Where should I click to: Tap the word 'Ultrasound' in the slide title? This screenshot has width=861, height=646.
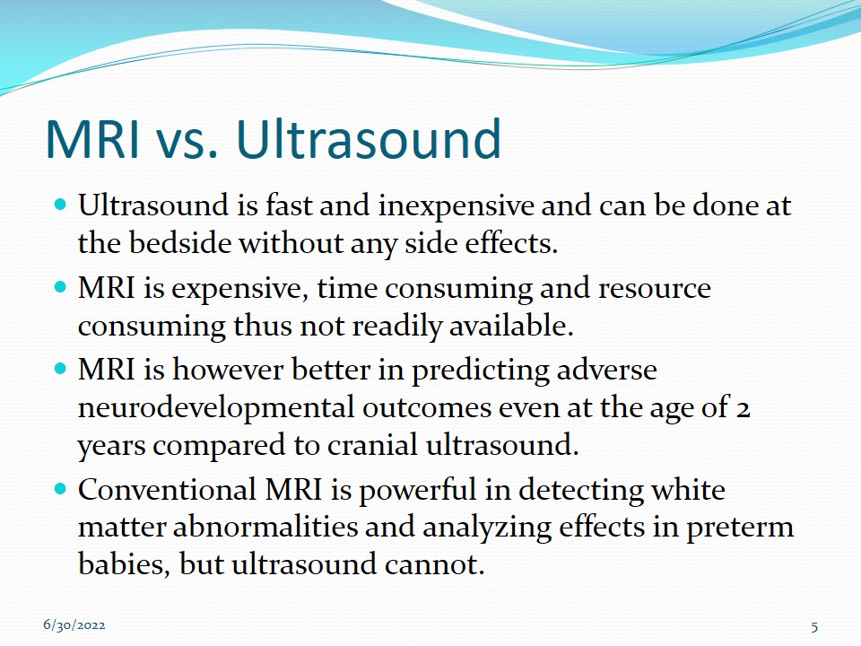[x=369, y=138]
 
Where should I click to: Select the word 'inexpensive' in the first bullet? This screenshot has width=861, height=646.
[x=456, y=207]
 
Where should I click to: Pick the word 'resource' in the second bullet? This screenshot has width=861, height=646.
[x=654, y=289]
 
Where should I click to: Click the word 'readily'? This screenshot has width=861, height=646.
[x=396, y=327]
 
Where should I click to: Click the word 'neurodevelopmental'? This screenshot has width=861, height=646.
[x=216, y=408]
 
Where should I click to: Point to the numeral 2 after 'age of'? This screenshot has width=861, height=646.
[x=743, y=409]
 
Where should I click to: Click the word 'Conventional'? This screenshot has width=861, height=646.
[x=167, y=489]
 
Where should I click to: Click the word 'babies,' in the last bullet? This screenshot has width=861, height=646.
[x=124, y=564]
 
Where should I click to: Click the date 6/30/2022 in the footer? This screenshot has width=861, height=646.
[x=74, y=625]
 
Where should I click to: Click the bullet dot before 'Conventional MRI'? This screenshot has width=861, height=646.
[x=60, y=488]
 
